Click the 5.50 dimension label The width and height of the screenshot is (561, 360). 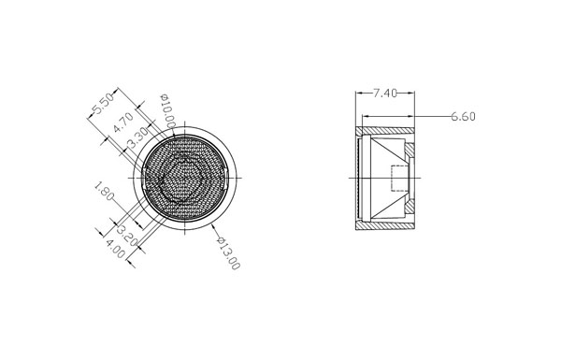103,104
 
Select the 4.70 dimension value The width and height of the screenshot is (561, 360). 123,122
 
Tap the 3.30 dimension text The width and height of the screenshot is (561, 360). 137,137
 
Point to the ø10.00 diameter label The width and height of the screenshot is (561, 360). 167,110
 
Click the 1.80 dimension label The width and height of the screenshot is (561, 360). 104,191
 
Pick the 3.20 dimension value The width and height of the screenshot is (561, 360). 127,236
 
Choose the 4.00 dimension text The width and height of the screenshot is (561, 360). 115,249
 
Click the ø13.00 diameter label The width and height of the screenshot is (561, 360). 228,253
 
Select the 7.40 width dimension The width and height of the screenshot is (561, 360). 385,94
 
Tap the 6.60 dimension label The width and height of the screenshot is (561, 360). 463,117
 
